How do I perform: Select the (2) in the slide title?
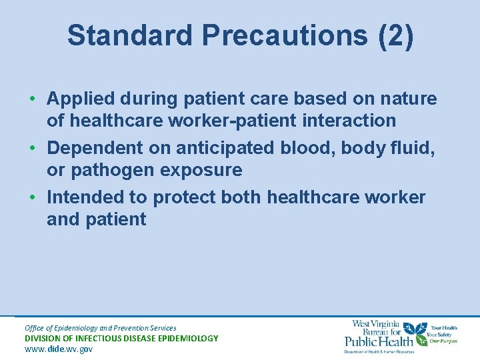point(395,36)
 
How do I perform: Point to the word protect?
point(185,197)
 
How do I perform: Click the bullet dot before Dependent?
point(32,148)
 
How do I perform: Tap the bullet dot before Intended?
point(32,197)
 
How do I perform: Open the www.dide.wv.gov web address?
point(59,349)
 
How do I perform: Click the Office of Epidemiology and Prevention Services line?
point(100,327)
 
